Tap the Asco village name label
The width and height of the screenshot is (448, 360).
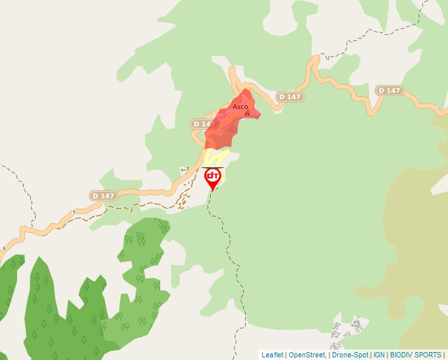coord(240,107)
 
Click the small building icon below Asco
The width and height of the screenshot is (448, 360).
coord(247,114)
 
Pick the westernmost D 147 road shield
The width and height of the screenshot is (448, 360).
coord(103,195)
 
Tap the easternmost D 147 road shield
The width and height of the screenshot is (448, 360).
coord(389,90)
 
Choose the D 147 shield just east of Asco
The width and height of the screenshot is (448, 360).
coord(290,97)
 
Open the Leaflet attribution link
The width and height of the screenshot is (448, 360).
coord(272,355)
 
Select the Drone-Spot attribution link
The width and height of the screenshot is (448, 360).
coord(350,355)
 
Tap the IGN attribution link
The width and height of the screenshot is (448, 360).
coord(379,355)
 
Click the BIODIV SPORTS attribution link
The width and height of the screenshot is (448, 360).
coord(415,355)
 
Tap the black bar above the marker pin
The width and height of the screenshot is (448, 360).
coord(213,167)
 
